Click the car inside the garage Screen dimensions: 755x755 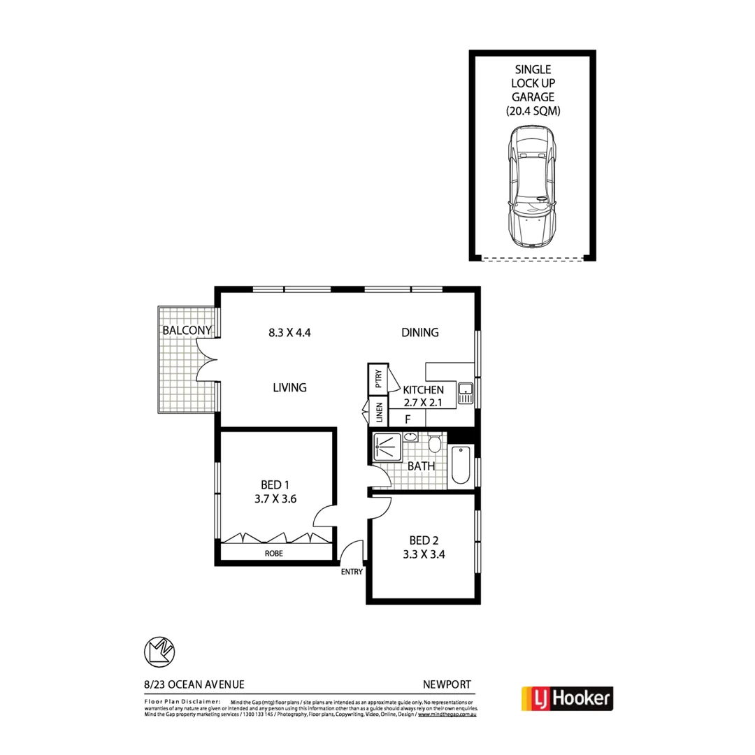pos(533,187)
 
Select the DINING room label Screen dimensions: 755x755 pos(420,333)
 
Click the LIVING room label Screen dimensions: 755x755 pos(289,387)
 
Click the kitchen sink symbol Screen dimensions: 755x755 pos(466,394)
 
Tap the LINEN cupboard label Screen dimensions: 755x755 pos(379,413)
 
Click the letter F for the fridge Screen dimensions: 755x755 pos(408,419)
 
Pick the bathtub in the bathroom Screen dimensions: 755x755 pos(461,466)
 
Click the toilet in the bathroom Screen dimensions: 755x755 pos(434,443)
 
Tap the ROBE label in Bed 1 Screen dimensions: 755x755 pos(274,553)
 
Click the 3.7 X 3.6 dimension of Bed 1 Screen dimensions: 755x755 pos(275,501)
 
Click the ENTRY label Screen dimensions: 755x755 pos(352,571)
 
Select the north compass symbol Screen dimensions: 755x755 pos(159,651)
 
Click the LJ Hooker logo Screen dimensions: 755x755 pos(567,697)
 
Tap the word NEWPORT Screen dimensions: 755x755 pos(447,685)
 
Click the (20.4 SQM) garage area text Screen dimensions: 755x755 pos(533,110)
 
